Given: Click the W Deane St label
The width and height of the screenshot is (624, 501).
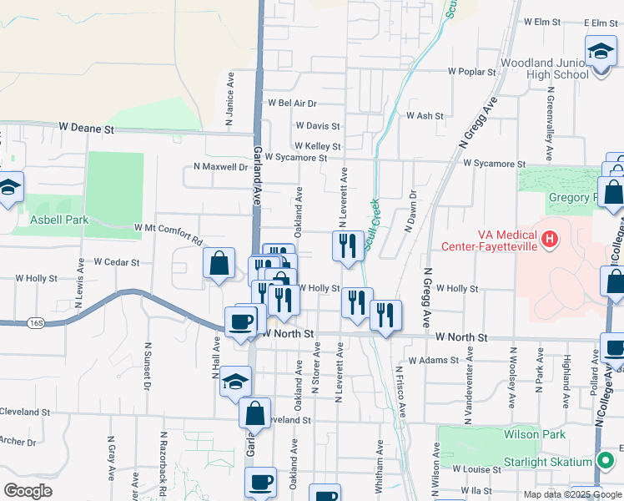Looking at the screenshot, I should [86, 129].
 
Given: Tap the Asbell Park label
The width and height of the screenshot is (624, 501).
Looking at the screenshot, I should [59, 220].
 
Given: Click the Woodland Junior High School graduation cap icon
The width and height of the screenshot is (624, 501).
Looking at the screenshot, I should [601, 52].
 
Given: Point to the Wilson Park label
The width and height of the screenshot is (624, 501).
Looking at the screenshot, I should [534, 434].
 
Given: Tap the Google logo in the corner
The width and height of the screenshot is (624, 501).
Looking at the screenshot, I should [27, 491].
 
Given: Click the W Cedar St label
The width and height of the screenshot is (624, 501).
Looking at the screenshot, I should [116, 261].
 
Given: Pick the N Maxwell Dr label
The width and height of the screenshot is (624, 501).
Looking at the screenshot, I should [221, 166].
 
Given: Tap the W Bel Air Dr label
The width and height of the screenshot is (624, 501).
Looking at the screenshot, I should [292, 104].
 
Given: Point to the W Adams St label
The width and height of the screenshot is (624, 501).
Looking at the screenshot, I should [434, 361].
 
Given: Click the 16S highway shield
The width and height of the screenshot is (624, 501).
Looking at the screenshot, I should [34, 321].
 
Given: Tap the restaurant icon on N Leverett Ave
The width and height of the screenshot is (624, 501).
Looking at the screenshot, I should [347, 245].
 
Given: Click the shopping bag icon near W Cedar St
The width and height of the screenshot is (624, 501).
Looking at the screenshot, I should [218, 264].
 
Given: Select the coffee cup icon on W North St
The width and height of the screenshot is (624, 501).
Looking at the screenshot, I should [241, 321].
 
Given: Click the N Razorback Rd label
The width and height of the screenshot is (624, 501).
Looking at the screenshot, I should [163, 457].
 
